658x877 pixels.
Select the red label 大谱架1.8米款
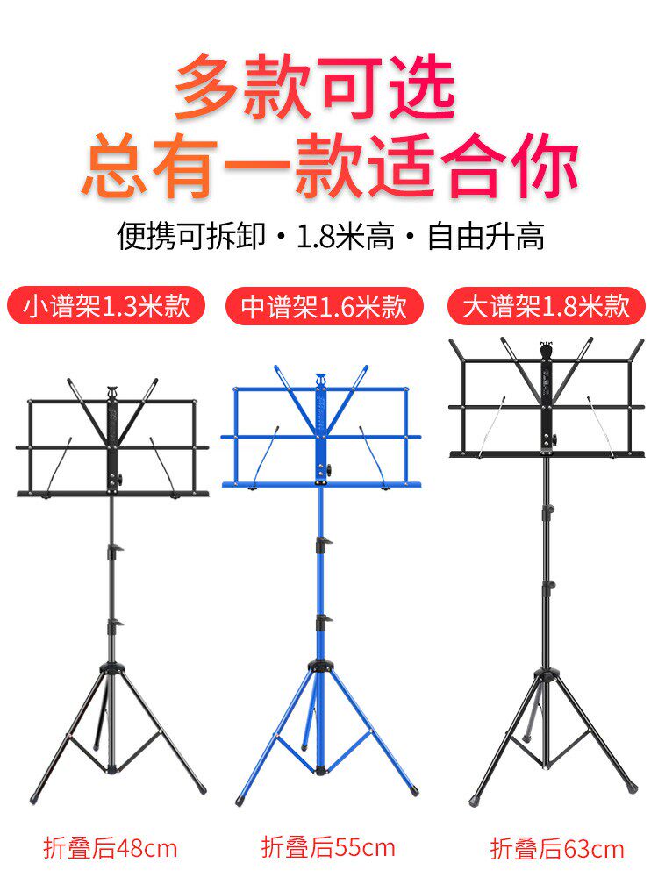(546, 307)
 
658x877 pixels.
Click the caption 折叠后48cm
(111, 848)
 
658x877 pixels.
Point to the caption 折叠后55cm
(328, 847)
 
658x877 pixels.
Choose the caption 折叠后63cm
(557, 849)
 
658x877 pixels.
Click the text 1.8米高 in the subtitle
(346, 237)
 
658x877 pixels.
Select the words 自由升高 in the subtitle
(486, 237)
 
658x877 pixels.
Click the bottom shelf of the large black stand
(547, 454)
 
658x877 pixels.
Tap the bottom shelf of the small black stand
(112, 495)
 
